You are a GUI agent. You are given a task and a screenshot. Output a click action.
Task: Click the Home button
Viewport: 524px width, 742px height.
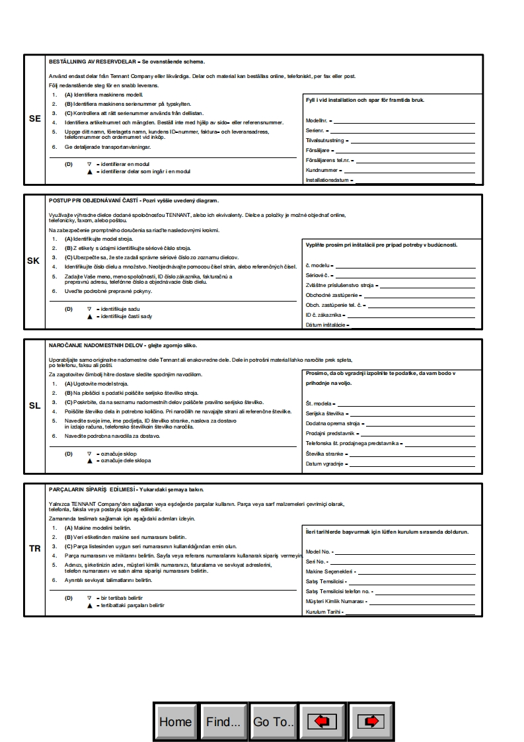pos(175,721)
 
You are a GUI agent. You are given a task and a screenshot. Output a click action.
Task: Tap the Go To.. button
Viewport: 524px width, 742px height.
pos(273,721)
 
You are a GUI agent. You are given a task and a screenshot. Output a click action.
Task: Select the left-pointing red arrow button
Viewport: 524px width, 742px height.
pos(322,721)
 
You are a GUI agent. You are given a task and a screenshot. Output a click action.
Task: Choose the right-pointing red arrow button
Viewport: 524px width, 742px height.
pos(371,721)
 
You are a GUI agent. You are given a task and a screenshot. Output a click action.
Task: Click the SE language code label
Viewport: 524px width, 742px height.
pos(35,120)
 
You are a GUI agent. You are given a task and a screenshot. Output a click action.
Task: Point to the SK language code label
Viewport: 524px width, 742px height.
pos(34,261)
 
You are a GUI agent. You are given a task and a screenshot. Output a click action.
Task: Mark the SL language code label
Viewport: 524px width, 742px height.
pos(35,405)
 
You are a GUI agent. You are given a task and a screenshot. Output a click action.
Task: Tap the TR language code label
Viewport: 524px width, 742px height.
pos(35,549)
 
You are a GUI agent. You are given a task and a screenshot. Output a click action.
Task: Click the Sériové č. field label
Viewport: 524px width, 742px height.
pos(318,274)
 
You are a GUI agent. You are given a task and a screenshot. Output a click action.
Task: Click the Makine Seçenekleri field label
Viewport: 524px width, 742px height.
pos(329,571)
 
